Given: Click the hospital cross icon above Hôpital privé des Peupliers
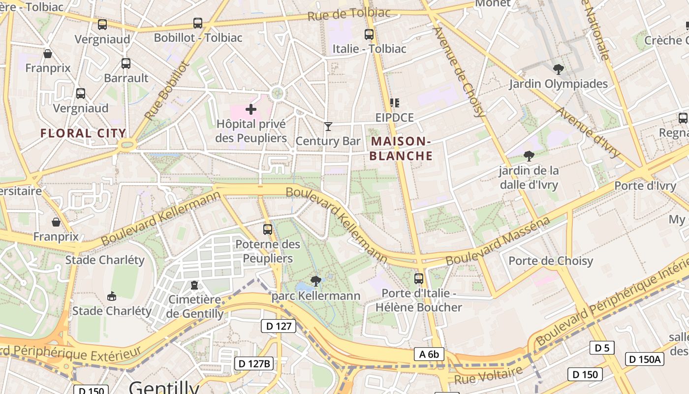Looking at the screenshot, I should click(251, 109).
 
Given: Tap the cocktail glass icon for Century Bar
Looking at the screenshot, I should click(328, 127).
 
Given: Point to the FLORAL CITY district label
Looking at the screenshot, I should click(83, 133).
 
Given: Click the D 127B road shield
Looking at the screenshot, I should click(254, 363).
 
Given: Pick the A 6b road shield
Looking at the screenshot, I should click(429, 354).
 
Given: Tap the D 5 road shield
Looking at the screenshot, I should click(602, 348).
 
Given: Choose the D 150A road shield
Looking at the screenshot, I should click(645, 359).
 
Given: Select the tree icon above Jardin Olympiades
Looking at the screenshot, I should click(558, 69).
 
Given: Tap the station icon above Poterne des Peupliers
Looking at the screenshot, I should click(268, 229).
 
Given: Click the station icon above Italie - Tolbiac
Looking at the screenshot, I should click(369, 34).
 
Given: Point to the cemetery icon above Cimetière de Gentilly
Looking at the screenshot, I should click(194, 285).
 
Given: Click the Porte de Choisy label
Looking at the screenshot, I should click(551, 261).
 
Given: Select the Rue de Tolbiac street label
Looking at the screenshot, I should click(349, 14).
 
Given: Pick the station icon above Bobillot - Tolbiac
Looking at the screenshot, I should click(198, 23).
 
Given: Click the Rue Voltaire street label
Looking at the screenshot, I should click(488, 376).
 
